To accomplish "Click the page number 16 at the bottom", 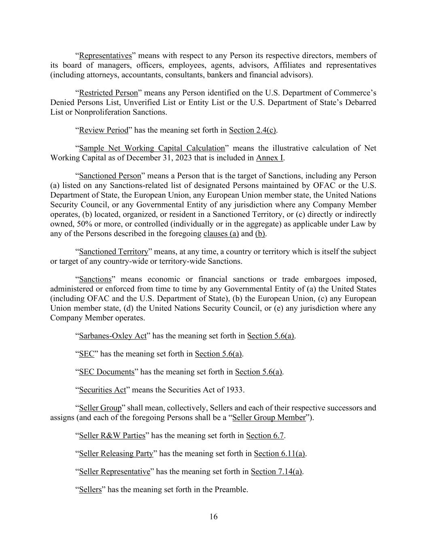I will coord(213,517).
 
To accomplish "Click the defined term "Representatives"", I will coord(105,56).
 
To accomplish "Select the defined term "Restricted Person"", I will coord(108,93).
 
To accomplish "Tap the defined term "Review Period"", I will coord(104,130).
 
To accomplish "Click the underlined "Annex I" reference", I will coord(269,158).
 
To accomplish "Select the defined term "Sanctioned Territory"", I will coord(114,252).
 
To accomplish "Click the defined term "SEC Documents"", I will coord(106,372).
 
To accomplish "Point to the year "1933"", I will coord(235,390).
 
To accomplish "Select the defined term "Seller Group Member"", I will coord(269,417).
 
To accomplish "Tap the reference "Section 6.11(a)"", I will coord(279,453).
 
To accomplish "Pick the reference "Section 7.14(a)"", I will coord(276,472).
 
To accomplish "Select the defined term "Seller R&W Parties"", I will coord(112,436).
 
